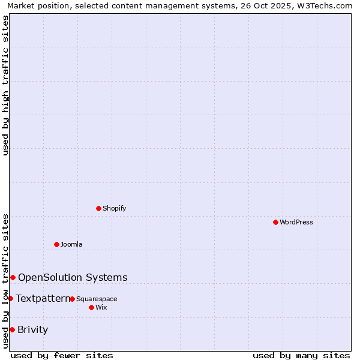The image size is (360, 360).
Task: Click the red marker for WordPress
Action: click(275, 222)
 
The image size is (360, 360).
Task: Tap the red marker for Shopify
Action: click(98, 208)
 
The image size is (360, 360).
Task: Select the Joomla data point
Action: click(56, 244)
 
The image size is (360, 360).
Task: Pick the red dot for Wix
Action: click(91, 307)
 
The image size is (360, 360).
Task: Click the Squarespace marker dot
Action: click(72, 299)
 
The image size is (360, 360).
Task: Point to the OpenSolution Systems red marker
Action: click(13, 277)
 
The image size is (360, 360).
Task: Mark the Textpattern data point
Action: click(10, 298)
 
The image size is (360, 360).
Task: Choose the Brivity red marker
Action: click(12, 329)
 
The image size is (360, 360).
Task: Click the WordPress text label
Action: click(296, 223)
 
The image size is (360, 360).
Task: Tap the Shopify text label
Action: click(115, 209)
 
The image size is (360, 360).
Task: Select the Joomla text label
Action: click(71, 245)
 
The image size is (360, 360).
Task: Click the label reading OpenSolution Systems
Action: click(73, 277)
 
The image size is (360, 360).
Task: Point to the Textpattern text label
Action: click(43, 298)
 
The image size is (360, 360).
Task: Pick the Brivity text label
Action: click(33, 329)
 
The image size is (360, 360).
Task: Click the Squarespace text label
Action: click(97, 299)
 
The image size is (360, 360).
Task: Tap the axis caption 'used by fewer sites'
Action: click(62, 355)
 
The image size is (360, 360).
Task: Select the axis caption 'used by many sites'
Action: click(301, 355)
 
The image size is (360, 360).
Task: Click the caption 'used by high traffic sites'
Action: click(5, 85)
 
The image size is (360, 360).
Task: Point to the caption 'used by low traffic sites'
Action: click(5, 281)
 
